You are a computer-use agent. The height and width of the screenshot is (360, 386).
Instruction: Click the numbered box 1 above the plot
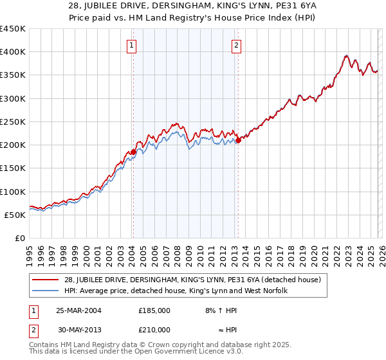[132, 45]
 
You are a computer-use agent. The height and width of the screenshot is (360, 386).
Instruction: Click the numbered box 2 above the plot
[237, 45]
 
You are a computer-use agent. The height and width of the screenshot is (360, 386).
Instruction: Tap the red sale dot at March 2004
[133, 152]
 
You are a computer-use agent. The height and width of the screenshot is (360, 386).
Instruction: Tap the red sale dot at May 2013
[238, 139]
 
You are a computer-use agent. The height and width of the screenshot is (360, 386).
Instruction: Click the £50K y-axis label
[15, 215]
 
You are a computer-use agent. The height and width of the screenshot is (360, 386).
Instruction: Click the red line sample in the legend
[45, 279]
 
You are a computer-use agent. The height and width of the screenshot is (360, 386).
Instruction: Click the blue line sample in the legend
[45, 291]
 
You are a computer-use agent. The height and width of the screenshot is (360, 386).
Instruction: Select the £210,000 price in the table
[154, 330]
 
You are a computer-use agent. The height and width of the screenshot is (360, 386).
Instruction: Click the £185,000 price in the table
[154, 310]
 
